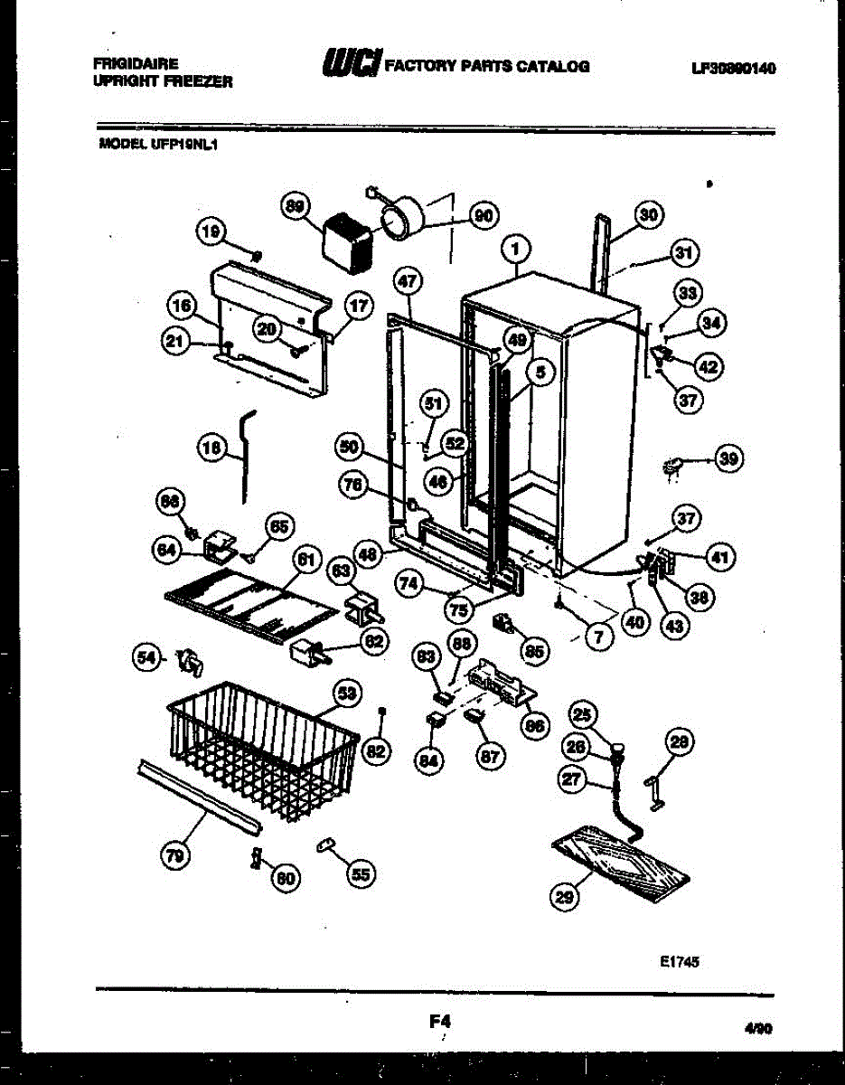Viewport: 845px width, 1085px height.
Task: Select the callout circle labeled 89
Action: tap(295, 207)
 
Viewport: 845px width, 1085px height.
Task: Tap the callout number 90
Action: tap(483, 215)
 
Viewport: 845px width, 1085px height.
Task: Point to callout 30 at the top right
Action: tap(648, 215)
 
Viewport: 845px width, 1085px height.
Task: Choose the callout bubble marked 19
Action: tap(210, 232)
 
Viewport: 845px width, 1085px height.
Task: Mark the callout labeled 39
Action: tap(728, 459)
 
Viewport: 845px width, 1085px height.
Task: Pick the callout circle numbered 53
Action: tap(344, 694)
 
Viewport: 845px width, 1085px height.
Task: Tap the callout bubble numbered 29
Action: tap(565, 896)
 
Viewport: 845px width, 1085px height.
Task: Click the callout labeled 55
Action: tap(361, 873)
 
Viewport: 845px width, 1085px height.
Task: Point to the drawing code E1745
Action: tap(679, 962)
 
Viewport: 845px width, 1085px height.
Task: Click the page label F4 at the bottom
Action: tap(440, 1021)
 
